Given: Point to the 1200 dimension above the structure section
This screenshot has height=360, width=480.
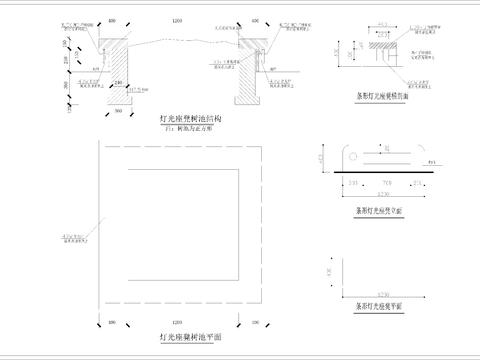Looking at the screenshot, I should click(x=177, y=18).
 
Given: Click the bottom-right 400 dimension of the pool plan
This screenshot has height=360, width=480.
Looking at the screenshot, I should click(x=253, y=323).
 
